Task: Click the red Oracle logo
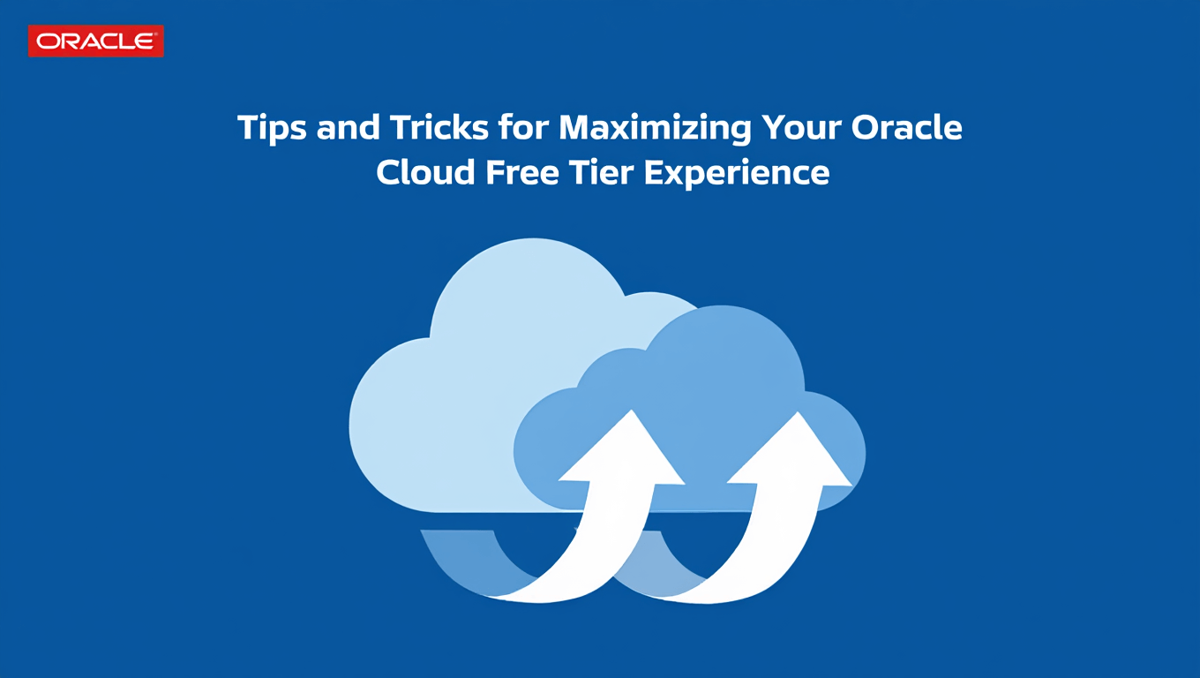pos(96,41)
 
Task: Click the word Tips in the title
pos(272,129)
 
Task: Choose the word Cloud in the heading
pos(425,172)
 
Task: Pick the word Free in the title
pos(521,172)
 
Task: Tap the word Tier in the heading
pos(601,172)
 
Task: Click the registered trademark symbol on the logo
pos(156,34)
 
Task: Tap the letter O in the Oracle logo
pos(47,41)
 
